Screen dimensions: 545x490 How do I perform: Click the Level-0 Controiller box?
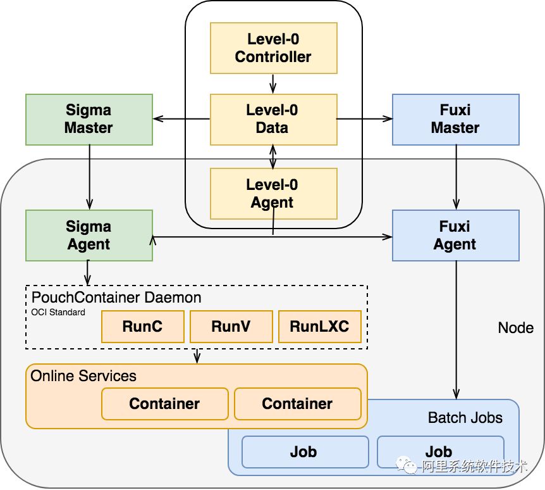(x=274, y=48)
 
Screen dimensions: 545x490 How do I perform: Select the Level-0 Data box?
(x=274, y=120)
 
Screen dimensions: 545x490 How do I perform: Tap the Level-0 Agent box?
(x=274, y=194)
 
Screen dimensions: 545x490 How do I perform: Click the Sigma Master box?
(x=89, y=120)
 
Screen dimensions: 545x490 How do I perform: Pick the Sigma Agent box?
(x=89, y=236)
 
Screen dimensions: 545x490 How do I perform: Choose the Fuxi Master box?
(x=456, y=120)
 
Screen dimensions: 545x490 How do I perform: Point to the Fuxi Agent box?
(x=456, y=236)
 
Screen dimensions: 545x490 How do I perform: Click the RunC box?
(x=142, y=327)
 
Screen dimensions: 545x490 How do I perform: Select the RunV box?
(x=231, y=327)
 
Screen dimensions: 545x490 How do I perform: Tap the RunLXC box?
(x=320, y=327)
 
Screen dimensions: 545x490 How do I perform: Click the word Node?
(x=516, y=328)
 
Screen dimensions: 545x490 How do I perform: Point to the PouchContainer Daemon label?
(x=116, y=298)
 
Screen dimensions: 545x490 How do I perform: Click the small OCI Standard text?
(x=58, y=312)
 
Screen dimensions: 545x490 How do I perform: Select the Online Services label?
(x=83, y=376)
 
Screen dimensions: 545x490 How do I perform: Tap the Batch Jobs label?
(x=465, y=418)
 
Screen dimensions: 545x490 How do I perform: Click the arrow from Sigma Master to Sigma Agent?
(x=89, y=177)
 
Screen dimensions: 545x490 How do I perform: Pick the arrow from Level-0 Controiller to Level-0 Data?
(x=273, y=84)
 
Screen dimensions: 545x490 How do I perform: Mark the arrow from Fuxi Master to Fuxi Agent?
(x=456, y=177)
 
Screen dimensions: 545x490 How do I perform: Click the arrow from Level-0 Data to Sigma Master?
(x=181, y=119)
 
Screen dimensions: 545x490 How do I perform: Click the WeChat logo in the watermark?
(x=407, y=465)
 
